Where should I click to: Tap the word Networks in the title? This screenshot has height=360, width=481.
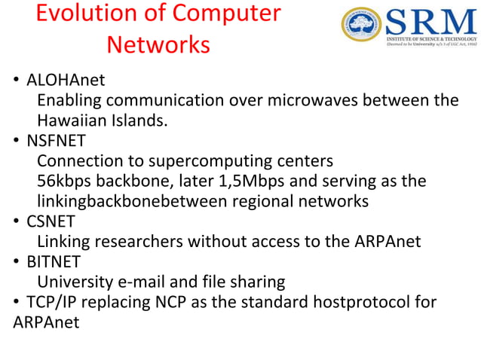coord(158,45)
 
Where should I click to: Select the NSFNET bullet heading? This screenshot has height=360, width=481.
coord(57,141)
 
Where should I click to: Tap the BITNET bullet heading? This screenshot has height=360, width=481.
coord(54,262)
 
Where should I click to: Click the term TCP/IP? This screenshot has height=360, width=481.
coord(50,303)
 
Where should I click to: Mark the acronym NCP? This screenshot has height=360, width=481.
coord(173,303)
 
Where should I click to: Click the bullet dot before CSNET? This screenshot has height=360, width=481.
coord(17,222)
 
